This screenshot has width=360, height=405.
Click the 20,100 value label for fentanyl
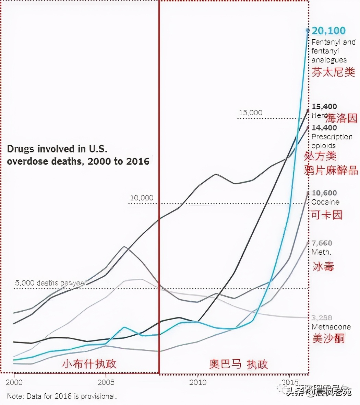(x=328, y=31)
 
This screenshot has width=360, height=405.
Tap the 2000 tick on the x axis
(x=14, y=382)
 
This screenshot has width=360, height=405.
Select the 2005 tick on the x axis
(x=106, y=382)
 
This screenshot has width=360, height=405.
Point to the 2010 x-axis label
(x=198, y=382)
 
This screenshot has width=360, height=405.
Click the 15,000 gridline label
(x=250, y=113)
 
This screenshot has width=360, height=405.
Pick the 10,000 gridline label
(x=141, y=198)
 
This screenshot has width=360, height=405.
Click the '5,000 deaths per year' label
(x=51, y=283)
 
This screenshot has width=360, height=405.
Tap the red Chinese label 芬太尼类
(x=333, y=72)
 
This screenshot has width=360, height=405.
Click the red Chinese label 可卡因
(x=326, y=215)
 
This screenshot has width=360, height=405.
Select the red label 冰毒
(x=323, y=266)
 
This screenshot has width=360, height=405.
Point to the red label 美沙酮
(x=328, y=338)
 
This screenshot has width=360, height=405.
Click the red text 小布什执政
(x=89, y=364)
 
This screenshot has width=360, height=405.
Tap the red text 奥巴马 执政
(x=239, y=364)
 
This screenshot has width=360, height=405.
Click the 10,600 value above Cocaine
(x=324, y=193)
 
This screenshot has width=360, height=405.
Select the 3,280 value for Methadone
(x=322, y=318)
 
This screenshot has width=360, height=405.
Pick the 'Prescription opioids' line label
(x=332, y=141)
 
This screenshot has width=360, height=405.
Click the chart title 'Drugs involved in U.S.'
(x=57, y=149)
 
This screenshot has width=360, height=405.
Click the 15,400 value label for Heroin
(x=324, y=106)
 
